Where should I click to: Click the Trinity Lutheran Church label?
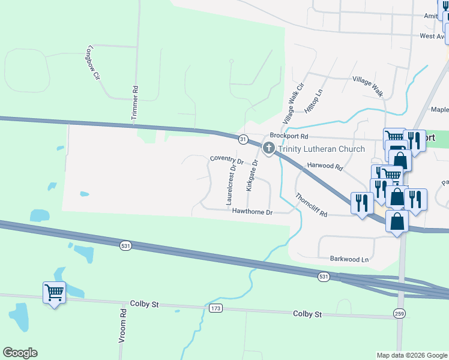pyautogui.click(x=321, y=149)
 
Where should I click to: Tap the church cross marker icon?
pyautogui.click(x=268, y=148)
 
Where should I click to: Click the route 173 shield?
pyautogui.click(x=216, y=308)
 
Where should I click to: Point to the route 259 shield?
pyautogui.click(x=400, y=313)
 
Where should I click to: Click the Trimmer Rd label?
pyautogui.click(x=135, y=106)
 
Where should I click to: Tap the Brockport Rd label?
pyautogui.click(x=288, y=136)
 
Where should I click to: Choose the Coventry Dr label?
pyautogui.click(x=226, y=161)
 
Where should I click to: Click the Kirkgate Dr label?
pyautogui.click(x=252, y=175)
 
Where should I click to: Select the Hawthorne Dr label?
pyautogui.click(x=253, y=212)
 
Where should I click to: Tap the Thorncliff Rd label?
pyautogui.click(x=311, y=205)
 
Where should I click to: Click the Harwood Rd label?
pyautogui.click(x=324, y=166)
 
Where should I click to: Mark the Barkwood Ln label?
pyautogui.click(x=349, y=259)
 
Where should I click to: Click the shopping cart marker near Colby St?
pyautogui.click(x=54, y=293)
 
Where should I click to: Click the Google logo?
pyautogui.click(x=20, y=353)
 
